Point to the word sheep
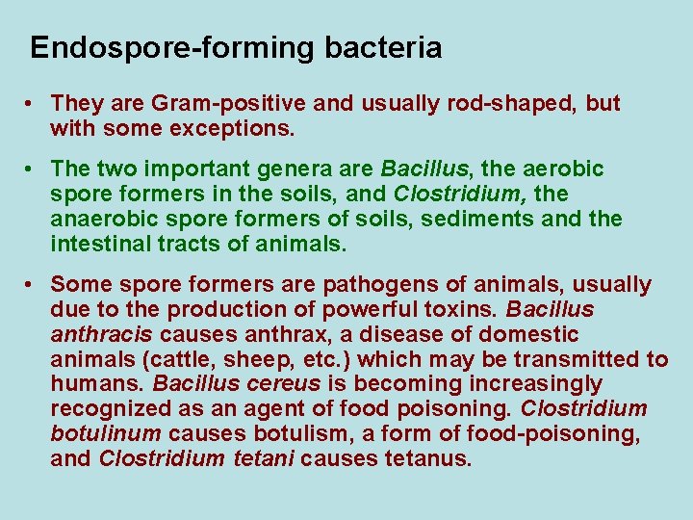point(237,360)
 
